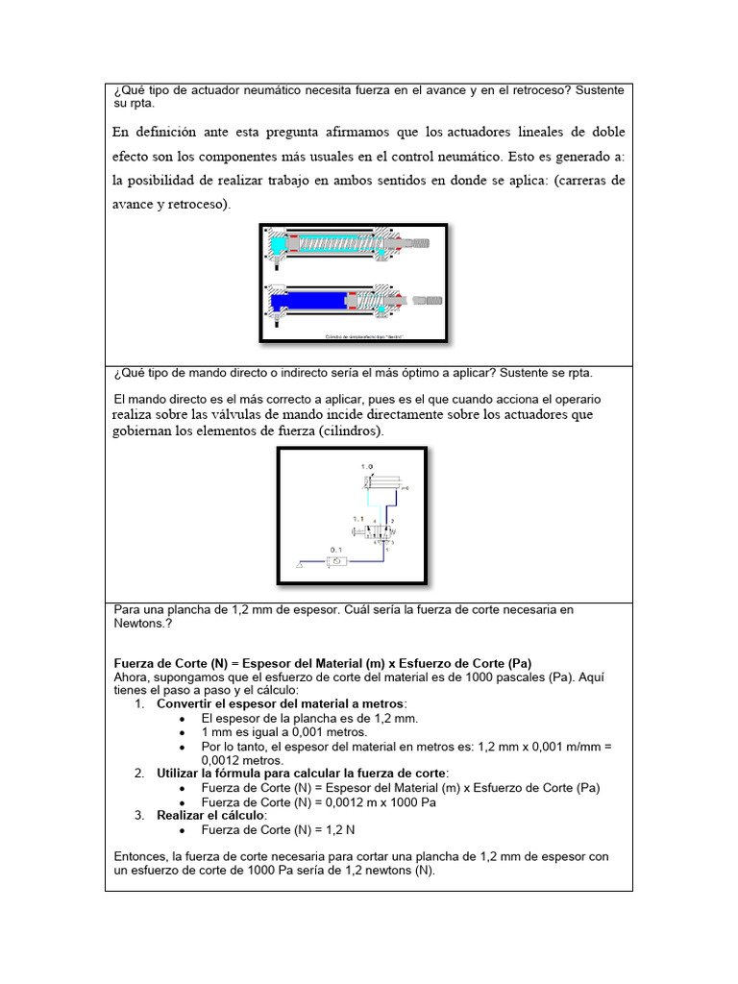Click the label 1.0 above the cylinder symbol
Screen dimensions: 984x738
367,466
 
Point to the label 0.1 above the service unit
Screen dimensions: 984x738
336,550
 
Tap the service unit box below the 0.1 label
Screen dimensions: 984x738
337,563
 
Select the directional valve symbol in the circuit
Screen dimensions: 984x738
381,529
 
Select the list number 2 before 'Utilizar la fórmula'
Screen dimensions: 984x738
139,773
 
